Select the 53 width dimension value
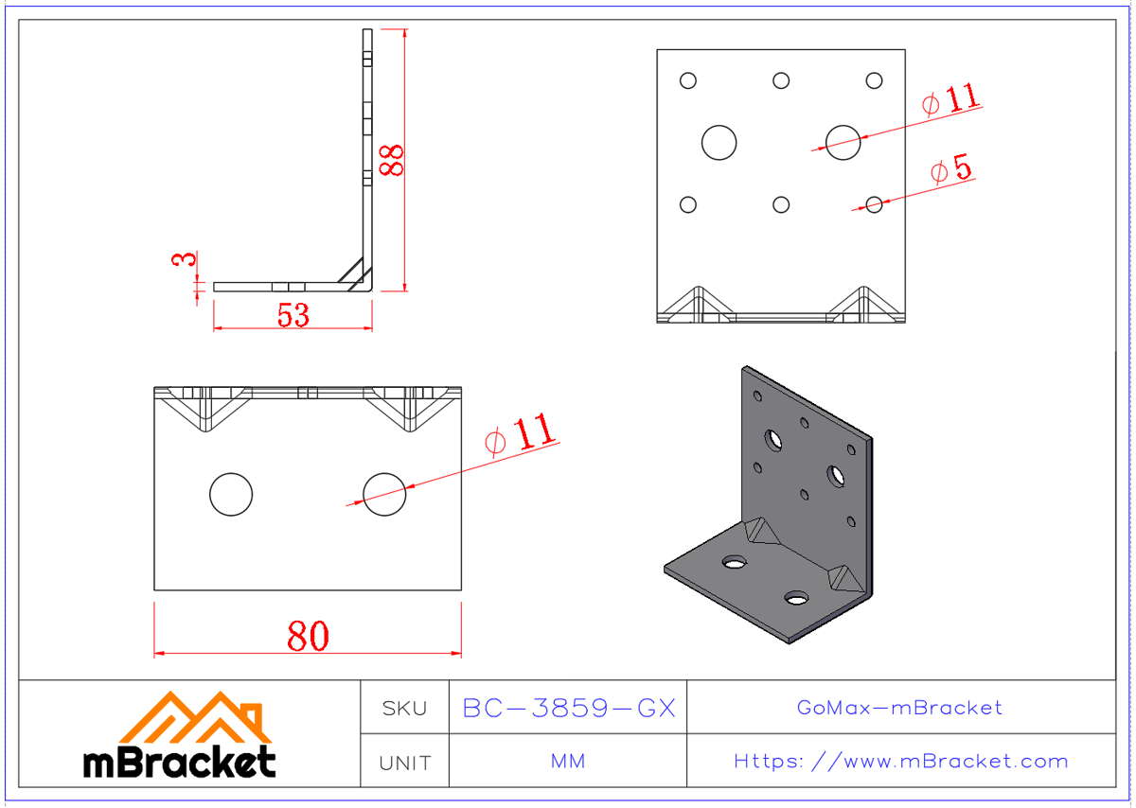coord(293,315)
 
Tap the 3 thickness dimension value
coord(186,259)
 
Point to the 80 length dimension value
coord(308,636)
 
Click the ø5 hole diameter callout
coord(950,170)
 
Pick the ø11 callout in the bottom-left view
coord(520,434)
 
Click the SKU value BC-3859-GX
coord(568,708)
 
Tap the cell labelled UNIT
coord(404,762)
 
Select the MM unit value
coord(568,762)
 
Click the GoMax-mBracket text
coord(899,708)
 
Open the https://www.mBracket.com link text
coord(900,762)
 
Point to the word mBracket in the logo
coord(180,762)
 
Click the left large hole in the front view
coord(719,142)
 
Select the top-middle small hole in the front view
coord(781,80)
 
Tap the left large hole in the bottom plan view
coord(230,494)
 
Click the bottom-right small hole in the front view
coord(874,204)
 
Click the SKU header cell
coord(404,708)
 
